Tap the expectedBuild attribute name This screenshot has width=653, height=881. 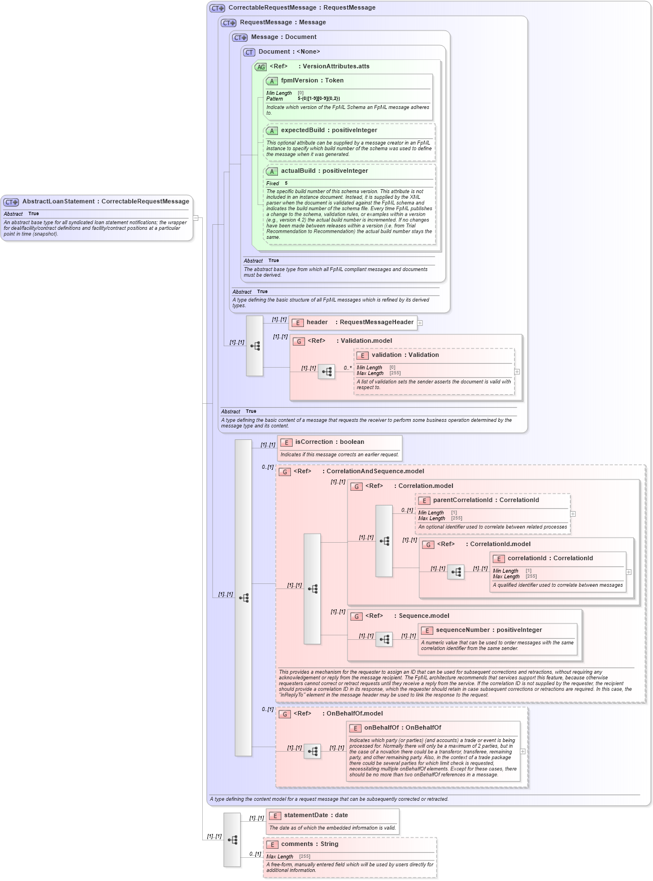[x=303, y=130]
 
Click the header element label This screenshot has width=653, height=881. [x=317, y=322]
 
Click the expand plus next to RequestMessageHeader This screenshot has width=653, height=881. [x=420, y=323]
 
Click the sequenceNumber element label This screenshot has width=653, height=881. [x=462, y=630]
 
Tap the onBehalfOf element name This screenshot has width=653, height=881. [x=381, y=728]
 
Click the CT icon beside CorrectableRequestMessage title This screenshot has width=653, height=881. [x=217, y=8]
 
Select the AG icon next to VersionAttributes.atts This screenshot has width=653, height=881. [x=260, y=67]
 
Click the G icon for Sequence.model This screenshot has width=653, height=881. [x=356, y=616]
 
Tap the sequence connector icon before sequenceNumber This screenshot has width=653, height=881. [x=384, y=639]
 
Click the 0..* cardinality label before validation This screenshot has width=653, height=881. [x=347, y=368]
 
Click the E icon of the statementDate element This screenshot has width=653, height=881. [x=275, y=816]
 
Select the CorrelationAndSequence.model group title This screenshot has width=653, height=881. [x=375, y=472]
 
